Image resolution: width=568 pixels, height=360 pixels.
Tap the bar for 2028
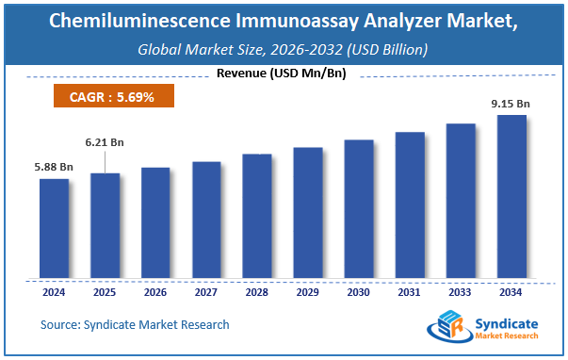[257, 216]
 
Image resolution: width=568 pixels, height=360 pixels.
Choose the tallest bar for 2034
[511, 197]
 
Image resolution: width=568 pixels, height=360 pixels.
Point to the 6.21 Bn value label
[105, 142]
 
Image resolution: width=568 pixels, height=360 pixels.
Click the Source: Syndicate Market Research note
[135, 325]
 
